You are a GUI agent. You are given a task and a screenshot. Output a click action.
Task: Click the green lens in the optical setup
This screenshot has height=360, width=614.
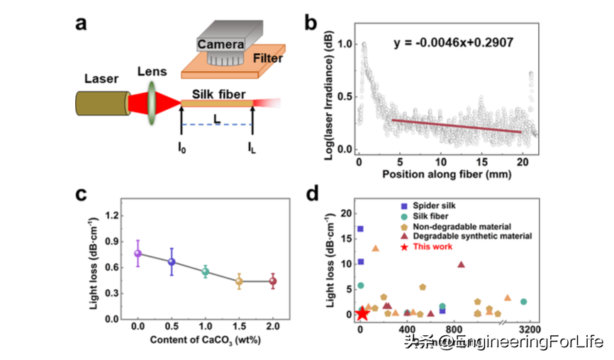(x=151, y=103)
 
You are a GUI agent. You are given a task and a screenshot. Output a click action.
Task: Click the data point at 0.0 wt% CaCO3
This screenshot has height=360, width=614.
(x=138, y=253)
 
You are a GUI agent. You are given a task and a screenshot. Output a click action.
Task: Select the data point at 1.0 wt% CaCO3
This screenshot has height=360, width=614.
(x=206, y=271)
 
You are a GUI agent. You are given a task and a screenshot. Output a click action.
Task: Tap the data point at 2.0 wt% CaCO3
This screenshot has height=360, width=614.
(x=272, y=281)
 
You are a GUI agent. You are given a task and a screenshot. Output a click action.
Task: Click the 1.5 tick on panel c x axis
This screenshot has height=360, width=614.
(x=239, y=328)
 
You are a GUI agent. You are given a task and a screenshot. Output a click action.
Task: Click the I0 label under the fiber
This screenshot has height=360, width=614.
(x=182, y=149)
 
